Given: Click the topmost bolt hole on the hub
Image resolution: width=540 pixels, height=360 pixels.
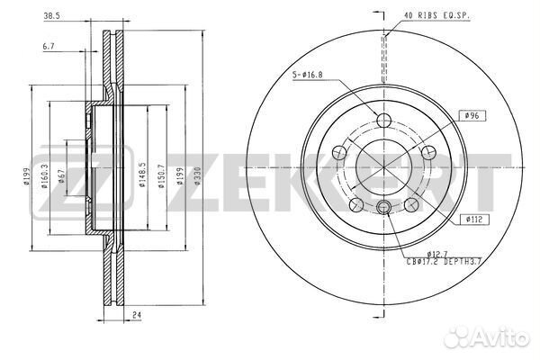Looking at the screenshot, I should point(384,121).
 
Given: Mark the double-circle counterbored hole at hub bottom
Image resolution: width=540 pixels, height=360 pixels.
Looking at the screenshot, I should point(384,210).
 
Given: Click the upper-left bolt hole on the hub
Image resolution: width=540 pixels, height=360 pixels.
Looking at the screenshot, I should point(339,153).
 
